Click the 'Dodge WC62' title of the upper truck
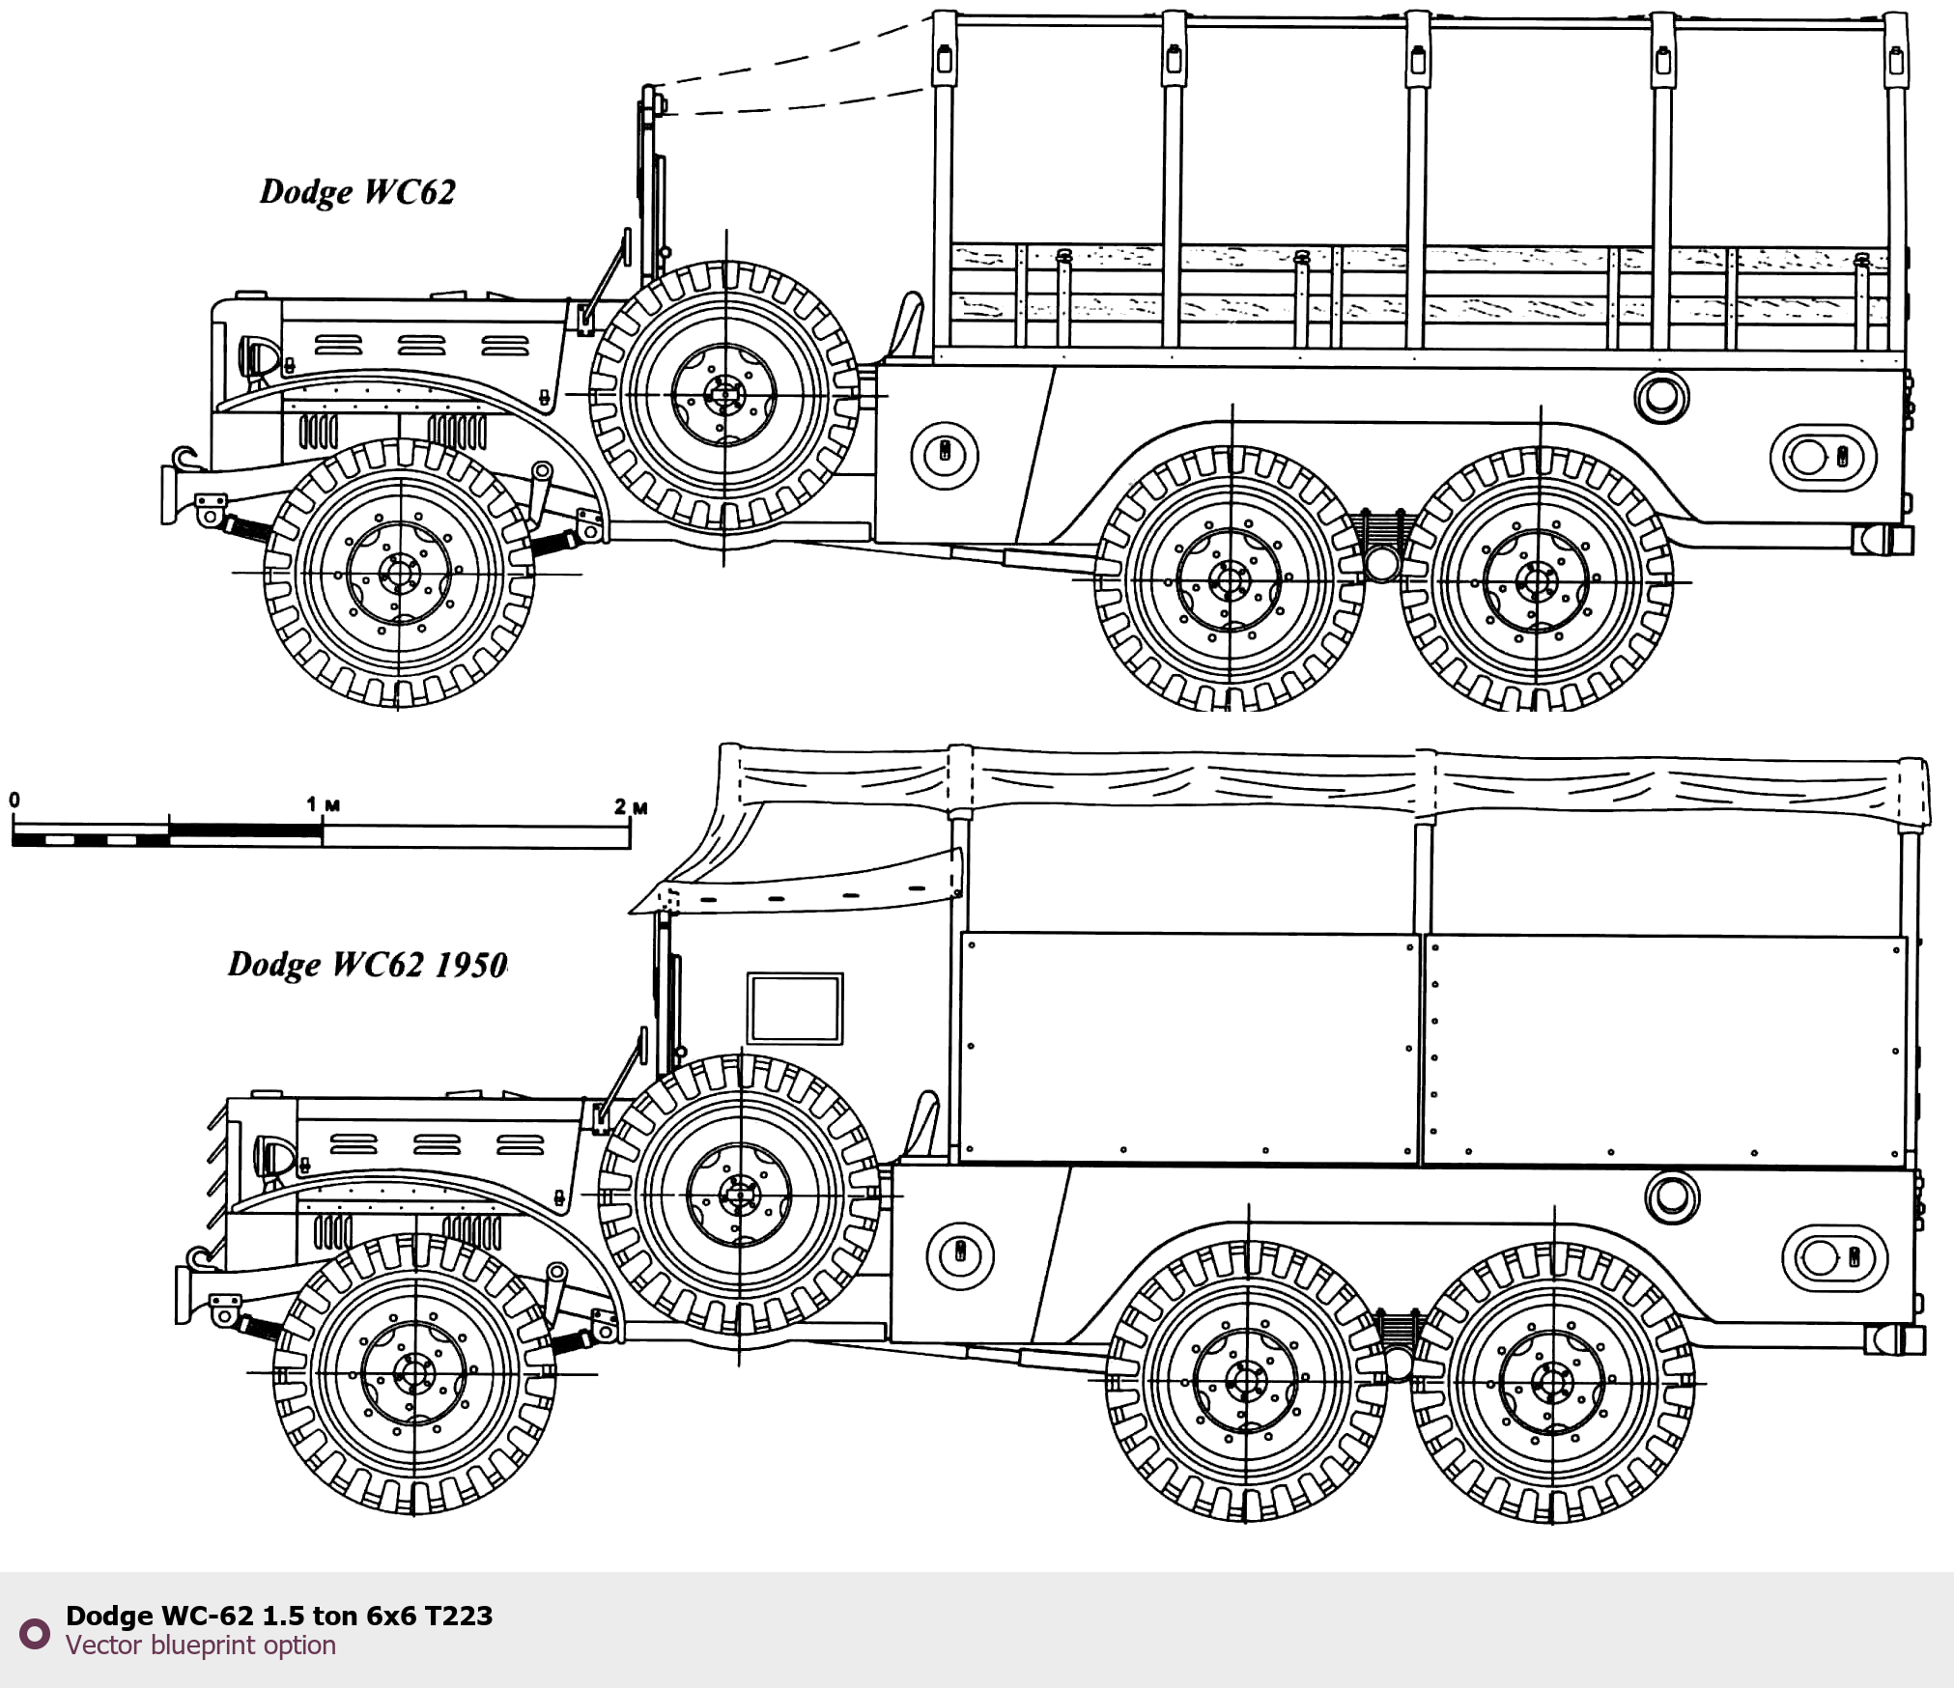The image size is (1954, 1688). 357,192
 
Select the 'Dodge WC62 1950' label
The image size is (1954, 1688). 367,965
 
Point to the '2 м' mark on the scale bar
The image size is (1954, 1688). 631,806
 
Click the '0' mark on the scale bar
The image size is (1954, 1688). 14,801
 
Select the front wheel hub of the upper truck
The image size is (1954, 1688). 399,573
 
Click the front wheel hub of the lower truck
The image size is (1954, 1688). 414,1372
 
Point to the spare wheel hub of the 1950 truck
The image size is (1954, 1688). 740,1195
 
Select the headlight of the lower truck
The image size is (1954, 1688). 273,1157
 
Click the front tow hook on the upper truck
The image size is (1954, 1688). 184,459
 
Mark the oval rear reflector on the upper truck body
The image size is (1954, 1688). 1822,457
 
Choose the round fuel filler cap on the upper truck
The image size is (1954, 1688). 1661,396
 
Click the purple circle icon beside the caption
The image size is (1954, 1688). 35,1633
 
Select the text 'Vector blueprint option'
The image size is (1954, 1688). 201,1646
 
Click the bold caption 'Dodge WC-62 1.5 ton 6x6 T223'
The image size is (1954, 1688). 279,1616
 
